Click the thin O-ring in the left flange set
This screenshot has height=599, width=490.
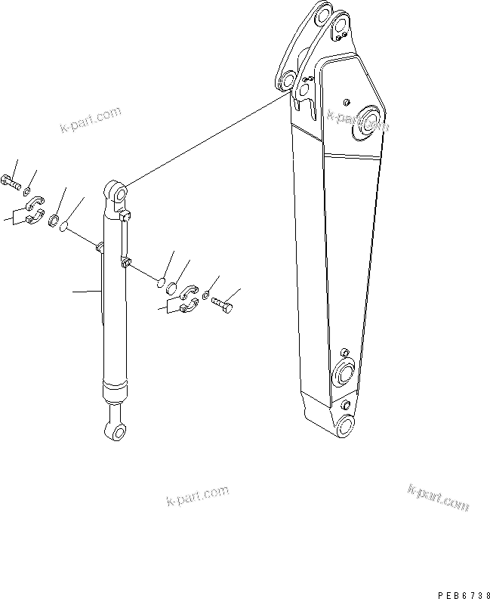tap(66, 225)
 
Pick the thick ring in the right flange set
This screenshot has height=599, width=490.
tap(174, 287)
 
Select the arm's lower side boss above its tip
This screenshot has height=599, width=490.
tap(344, 373)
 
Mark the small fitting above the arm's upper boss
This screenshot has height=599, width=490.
tap(347, 101)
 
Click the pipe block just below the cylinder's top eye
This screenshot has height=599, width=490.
tap(125, 217)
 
